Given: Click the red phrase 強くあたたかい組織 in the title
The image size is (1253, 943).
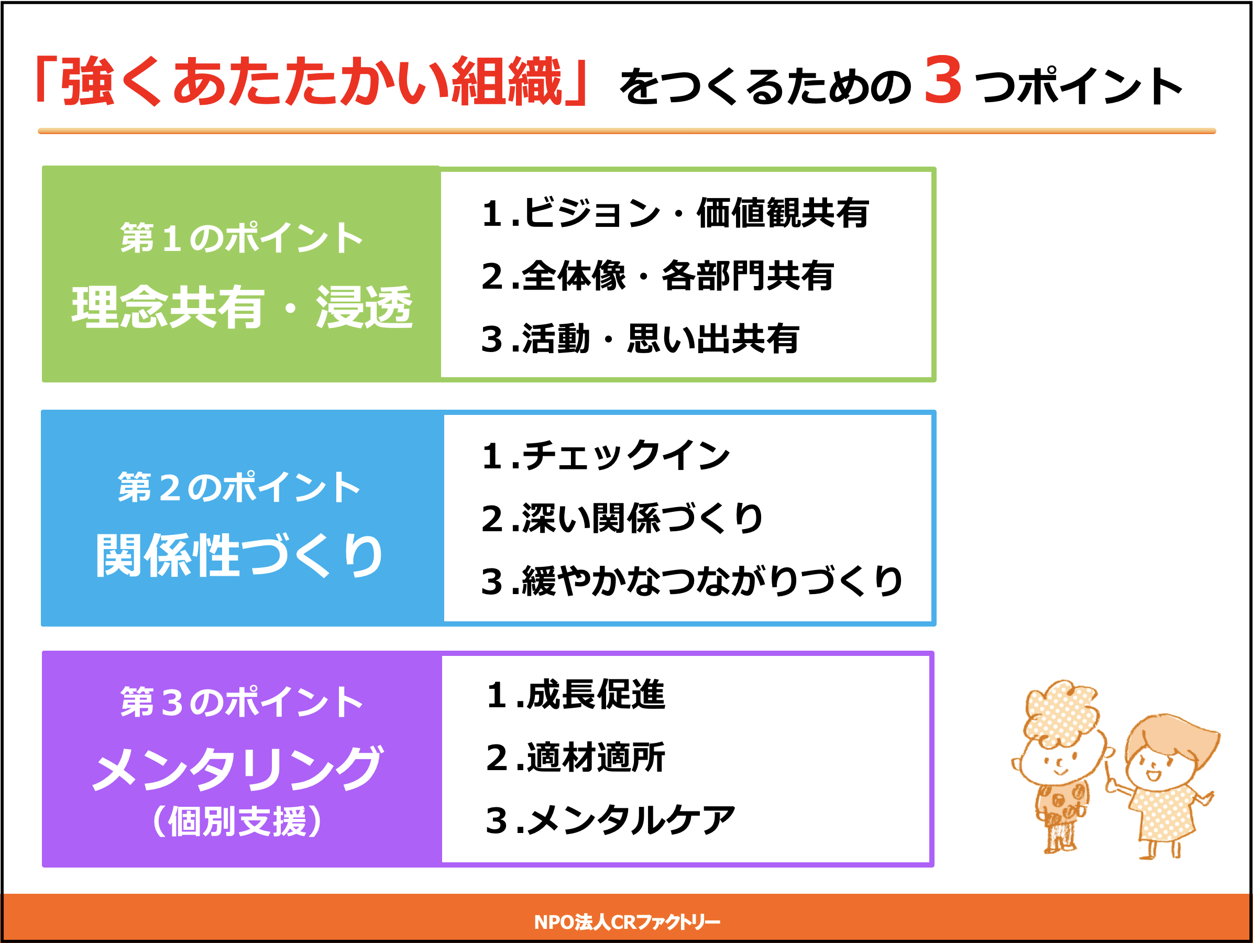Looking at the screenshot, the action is pyautogui.click(x=312, y=81).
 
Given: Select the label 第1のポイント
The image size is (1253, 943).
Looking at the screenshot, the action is pyautogui.click(x=241, y=238).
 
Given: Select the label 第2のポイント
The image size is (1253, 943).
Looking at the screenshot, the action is pyautogui.click(x=239, y=487).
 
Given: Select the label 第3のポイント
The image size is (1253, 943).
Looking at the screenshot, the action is pyautogui.click(x=241, y=703).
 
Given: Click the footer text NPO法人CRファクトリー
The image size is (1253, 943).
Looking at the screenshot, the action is pyautogui.click(x=627, y=922).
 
